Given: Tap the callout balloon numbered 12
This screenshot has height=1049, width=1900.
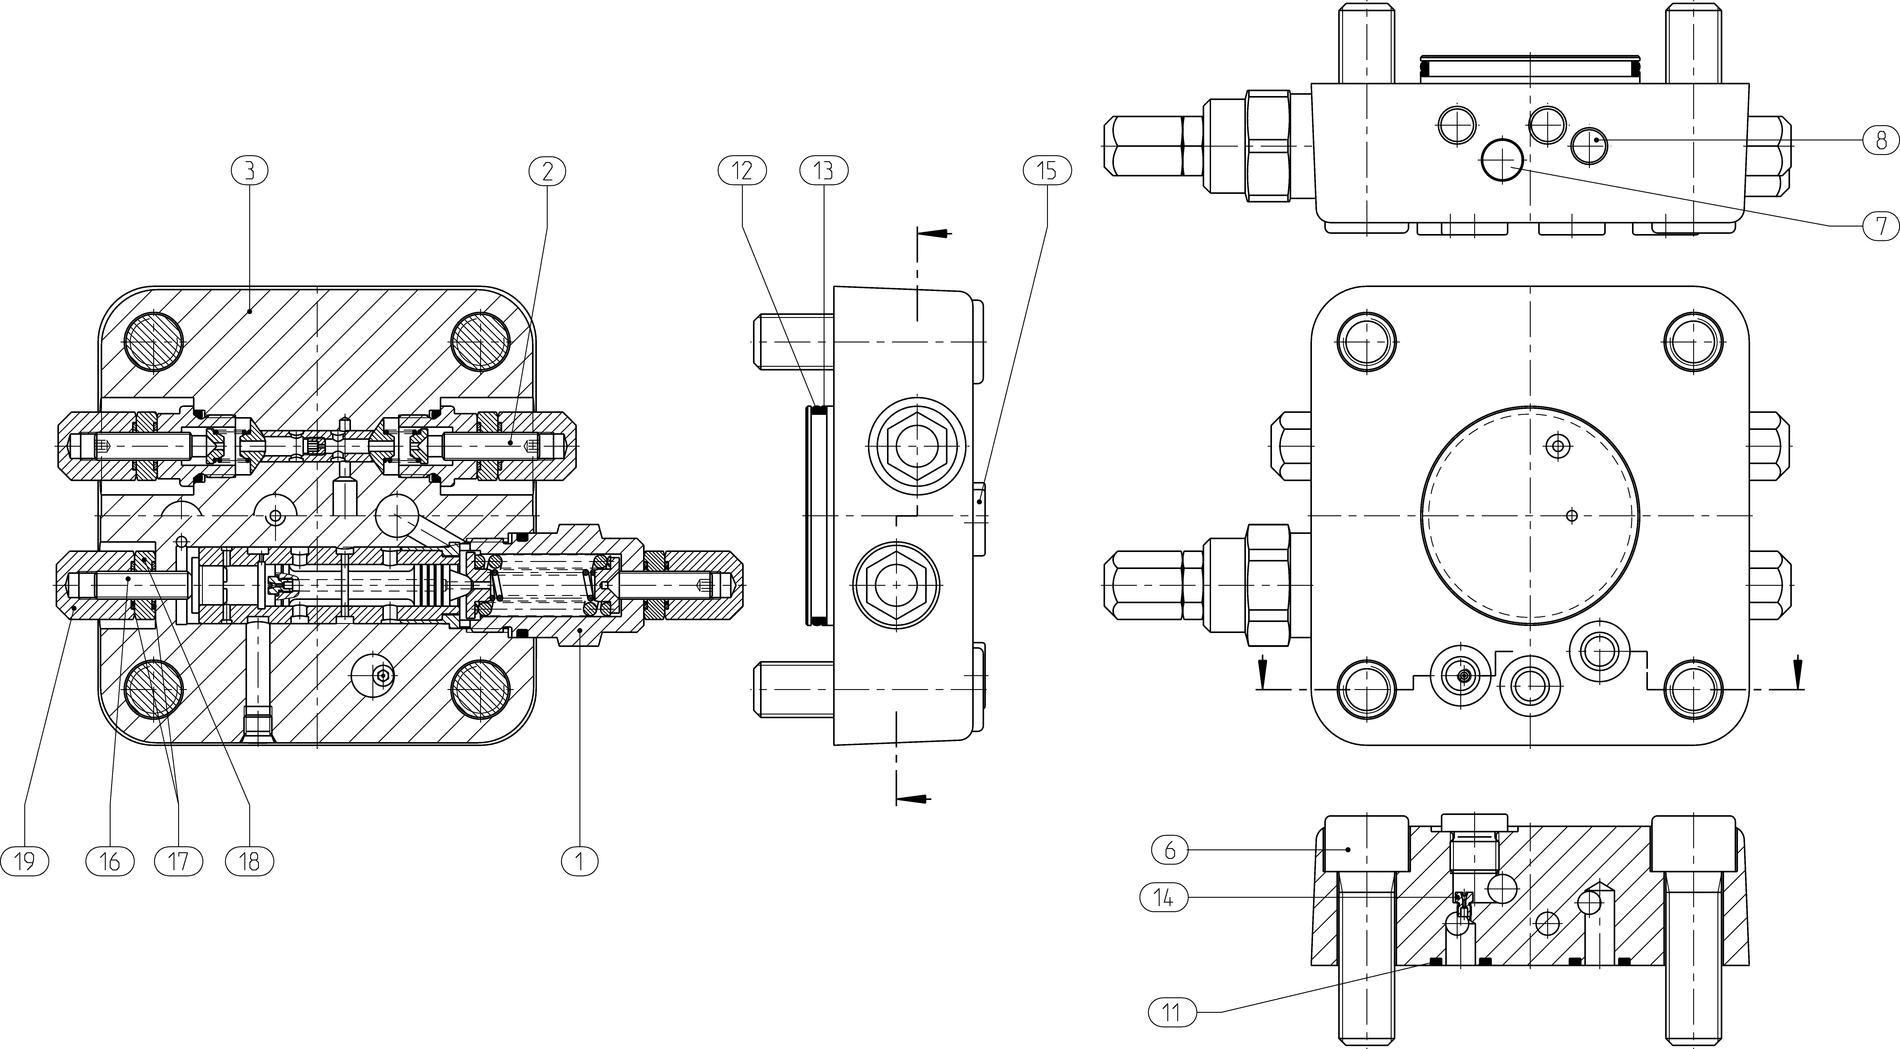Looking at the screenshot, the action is point(742,171).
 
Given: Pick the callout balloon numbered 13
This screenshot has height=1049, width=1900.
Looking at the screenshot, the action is point(824,171).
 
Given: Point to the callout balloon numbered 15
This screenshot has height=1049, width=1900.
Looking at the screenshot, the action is point(1047,171).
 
